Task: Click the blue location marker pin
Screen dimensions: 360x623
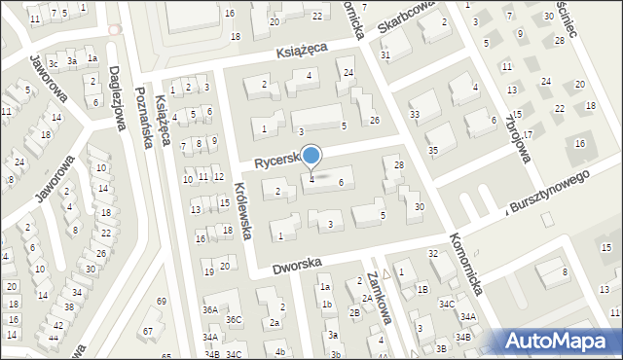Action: click(311, 156)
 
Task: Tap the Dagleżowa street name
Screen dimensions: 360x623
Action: click(118, 89)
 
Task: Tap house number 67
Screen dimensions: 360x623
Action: click(148, 332)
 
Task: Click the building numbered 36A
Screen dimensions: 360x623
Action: click(210, 309)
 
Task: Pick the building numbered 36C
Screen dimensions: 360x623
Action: click(234, 319)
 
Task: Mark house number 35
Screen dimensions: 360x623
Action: click(433, 150)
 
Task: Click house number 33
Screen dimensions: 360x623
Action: click(415, 115)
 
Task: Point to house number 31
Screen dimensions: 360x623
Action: click(385, 54)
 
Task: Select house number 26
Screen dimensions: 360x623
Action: click(375, 120)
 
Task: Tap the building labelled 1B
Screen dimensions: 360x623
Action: click(423, 289)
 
